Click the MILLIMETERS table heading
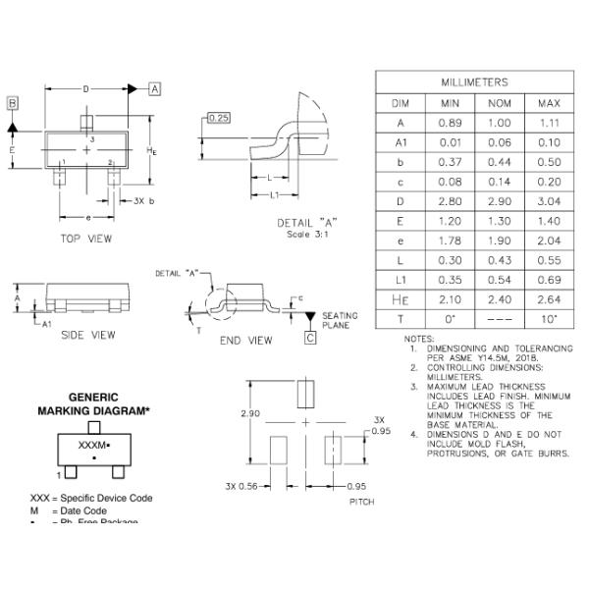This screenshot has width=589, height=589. click(474, 82)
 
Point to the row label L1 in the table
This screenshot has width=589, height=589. click(400, 279)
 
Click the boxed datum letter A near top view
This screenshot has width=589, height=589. click(155, 88)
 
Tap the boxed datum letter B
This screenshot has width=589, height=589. click(13, 103)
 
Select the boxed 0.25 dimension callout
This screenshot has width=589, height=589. click(218, 119)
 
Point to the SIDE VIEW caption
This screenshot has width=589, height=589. click(88, 335)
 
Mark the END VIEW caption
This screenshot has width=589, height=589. click(245, 341)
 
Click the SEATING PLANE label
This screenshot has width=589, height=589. click(340, 320)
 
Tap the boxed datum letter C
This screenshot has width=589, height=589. click(310, 339)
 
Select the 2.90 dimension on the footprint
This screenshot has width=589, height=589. click(252, 413)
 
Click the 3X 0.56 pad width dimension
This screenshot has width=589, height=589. click(241, 486)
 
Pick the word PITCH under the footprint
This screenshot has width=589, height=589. click(362, 502)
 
